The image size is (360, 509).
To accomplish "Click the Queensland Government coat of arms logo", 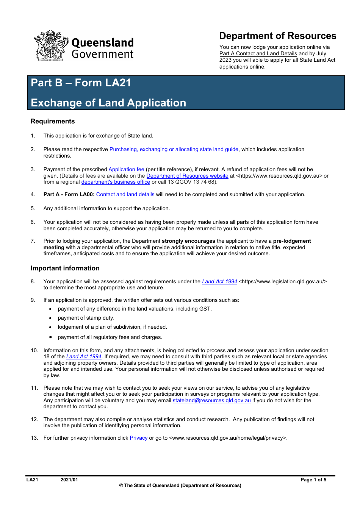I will (51, 46).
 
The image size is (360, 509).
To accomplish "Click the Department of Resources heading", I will (277, 36).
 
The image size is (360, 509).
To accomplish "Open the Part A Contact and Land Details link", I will (258, 54).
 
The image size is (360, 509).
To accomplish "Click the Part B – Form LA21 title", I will (81, 83).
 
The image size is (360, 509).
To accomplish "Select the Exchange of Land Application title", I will (108, 103).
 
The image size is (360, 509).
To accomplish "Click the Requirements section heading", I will (53, 122).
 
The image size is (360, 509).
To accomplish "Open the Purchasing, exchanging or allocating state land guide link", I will (174, 150).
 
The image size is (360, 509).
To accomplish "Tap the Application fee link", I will (126, 170).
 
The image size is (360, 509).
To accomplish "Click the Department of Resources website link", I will (187, 176).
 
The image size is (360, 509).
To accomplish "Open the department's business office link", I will (116, 182).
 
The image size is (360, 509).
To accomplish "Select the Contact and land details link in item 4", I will (125, 195).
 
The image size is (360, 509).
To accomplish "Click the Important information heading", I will (65, 269).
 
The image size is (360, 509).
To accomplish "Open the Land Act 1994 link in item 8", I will (219, 282).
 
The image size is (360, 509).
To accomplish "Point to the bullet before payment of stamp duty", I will (50, 318).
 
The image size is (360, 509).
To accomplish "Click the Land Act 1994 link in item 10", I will (84, 357).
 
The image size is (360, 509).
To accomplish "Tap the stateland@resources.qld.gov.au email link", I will (211, 401).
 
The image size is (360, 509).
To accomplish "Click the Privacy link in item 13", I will (138, 438).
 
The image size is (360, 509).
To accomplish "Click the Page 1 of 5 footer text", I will (313, 480).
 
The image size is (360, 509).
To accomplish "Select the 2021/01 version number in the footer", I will (69, 480).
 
